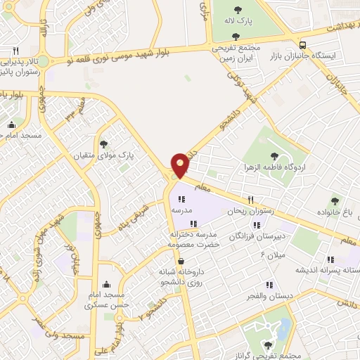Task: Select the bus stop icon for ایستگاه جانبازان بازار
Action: click(302, 44)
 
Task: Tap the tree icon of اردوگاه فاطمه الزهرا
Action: click(274, 157)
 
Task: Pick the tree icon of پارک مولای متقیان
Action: click(104, 143)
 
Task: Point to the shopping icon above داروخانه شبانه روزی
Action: click(181, 261)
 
